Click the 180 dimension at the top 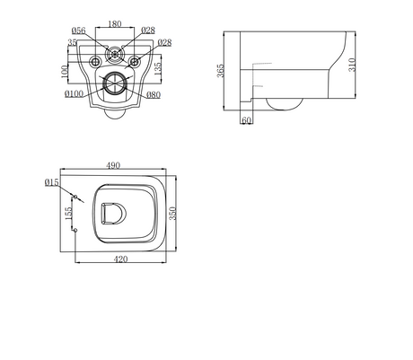tap(115, 24)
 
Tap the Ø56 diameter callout tap(78, 31)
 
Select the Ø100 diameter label tap(74, 94)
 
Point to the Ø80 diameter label tap(154, 95)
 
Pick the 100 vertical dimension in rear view tap(65, 72)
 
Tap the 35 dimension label tap(72, 42)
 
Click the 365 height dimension tap(220, 71)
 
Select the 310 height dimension tap(352, 65)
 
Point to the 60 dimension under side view tap(246, 120)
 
